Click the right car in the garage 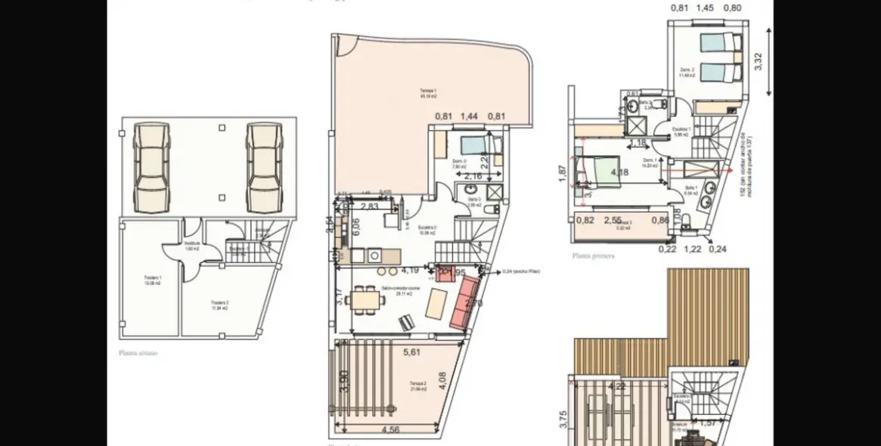[264, 158]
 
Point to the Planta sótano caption [138, 352]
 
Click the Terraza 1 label [429, 92]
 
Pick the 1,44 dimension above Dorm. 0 [470, 116]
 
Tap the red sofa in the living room [464, 303]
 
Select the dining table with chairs [366, 300]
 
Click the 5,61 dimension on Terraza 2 [411, 352]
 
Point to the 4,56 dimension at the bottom [391, 430]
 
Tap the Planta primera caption [594, 256]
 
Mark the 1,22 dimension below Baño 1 [692, 248]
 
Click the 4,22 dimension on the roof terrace [617, 386]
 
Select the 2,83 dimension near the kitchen [370, 206]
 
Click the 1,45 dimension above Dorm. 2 [703, 8]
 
